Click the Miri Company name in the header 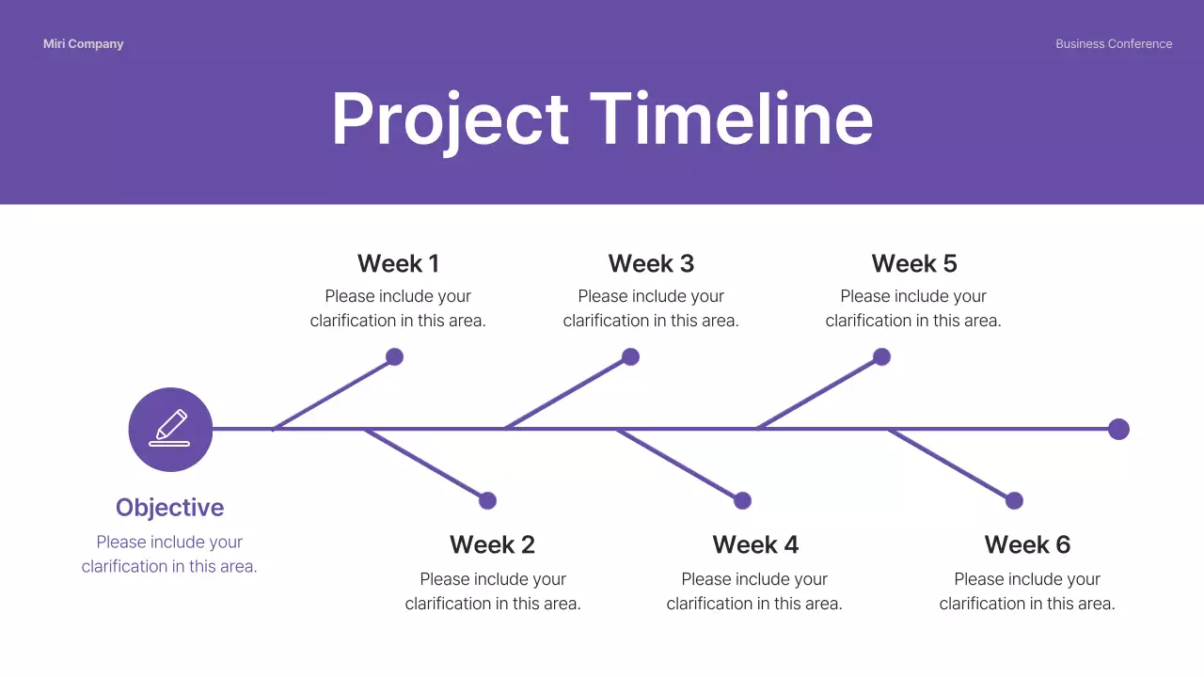(x=83, y=44)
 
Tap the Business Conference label (x=1114, y=44)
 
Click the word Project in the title (x=450, y=119)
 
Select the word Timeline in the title (x=731, y=119)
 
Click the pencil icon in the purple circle (x=170, y=429)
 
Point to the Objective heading (x=169, y=508)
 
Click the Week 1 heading (x=398, y=263)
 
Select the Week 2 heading (x=492, y=544)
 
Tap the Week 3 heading (x=651, y=263)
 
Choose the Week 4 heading (x=754, y=544)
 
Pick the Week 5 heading (x=913, y=263)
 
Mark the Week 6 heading (x=1027, y=544)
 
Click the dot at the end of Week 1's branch (x=395, y=357)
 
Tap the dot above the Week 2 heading (x=487, y=501)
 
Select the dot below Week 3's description (x=631, y=357)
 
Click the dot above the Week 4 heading (x=743, y=501)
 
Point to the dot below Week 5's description (x=881, y=357)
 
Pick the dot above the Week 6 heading (x=1014, y=501)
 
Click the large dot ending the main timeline (x=1118, y=430)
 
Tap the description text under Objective (x=169, y=554)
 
